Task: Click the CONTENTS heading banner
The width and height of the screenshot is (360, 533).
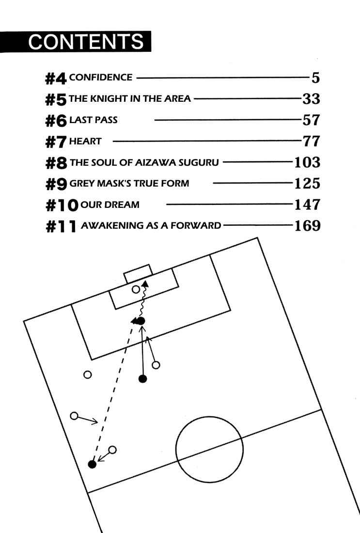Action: (x=76, y=42)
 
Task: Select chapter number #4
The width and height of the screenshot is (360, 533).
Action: (x=55, y=78)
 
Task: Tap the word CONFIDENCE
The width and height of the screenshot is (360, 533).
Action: (x=101, y=77)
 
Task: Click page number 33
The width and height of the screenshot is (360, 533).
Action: (x=311, y=98)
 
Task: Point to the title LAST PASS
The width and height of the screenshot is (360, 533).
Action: (x=93, y=120)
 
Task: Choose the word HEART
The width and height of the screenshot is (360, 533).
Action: (x=85, y=141)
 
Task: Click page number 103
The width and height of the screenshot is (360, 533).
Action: (x=307, y=162)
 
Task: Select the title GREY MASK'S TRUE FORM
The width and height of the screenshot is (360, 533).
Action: (x=129, y=184)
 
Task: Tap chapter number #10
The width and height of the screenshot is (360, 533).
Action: (x=62, y=205)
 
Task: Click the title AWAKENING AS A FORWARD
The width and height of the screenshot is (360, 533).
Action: (x=151, y=225)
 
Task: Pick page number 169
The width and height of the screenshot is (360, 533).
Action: (x=307, y=225)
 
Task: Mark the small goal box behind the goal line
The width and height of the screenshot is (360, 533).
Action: (x=138, y=274)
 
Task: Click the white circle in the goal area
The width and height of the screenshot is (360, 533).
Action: (x=136, y=290)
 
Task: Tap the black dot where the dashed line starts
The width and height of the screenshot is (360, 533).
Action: (x=92, y=464)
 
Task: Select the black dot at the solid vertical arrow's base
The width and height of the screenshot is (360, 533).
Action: (x=143, y=378)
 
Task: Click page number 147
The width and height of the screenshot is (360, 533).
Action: (x=307, y=204)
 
